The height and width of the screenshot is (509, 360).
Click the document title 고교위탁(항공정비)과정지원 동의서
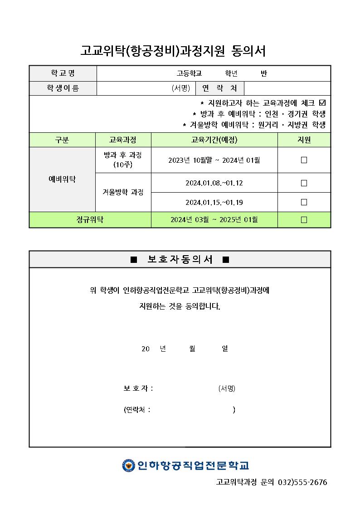click(173, 51)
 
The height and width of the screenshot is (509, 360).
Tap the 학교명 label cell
click(63, 73)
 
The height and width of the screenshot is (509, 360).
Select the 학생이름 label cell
click(63, 88)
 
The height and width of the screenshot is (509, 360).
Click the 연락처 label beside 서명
click(219, 88)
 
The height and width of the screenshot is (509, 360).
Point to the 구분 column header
click(62, 140)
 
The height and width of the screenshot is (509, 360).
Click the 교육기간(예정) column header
click(214, 140)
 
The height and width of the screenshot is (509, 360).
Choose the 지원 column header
click(304, 140)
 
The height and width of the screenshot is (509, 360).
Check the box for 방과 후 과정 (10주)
click(304, 160)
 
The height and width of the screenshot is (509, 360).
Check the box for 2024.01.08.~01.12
click(304, 183)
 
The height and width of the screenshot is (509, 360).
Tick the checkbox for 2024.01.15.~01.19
click(304, 202)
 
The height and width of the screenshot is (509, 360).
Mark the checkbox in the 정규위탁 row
click(304, 220)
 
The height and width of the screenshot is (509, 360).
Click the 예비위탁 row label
click(62, 179)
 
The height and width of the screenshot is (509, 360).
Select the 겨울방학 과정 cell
click(123, 192)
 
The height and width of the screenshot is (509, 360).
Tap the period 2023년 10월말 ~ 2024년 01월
click(214, 160)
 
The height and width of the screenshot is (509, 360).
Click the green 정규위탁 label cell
click(90, 220)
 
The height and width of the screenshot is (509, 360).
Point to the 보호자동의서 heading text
click(180, 260)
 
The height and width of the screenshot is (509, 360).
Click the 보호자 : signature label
click(138, 388)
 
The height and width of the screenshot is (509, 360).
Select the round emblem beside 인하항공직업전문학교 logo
click(128, 465)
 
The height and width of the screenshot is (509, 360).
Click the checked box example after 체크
click(322, 103)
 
